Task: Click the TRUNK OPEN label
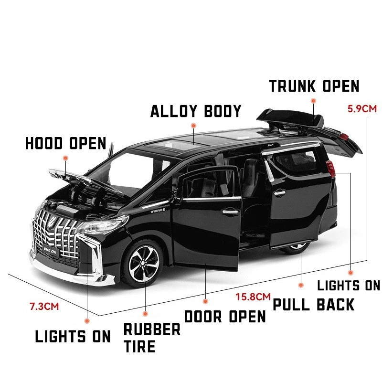[x=314, y=86]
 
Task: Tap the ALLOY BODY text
[x=196, y=111]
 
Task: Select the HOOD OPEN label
[x=65, y=143]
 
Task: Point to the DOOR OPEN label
[x=225, y=317]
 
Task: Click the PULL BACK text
[x=313, y=304]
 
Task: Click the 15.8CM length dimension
[x=253, y=297]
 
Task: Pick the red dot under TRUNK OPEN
[x=313, y=101]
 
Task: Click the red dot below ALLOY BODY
[x=193, y=126]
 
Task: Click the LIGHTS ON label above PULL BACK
[x=349, y=286]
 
